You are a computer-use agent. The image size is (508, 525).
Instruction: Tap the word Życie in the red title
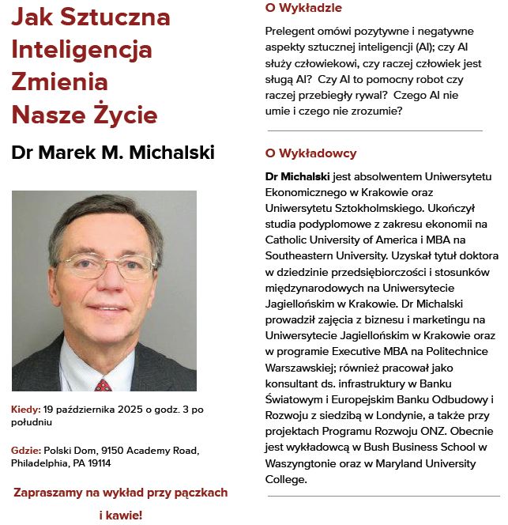point(124,115)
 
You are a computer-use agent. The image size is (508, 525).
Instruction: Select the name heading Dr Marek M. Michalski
point(113,153)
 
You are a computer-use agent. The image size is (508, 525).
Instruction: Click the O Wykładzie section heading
point(303,8)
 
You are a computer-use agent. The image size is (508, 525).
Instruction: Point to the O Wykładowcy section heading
point(310,153)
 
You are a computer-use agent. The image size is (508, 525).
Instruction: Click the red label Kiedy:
point(26,409)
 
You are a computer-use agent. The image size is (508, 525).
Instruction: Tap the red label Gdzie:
point(26,450)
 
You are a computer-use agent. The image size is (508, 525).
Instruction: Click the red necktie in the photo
point(103,384)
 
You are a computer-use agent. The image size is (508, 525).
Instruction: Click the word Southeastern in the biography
point(303,255)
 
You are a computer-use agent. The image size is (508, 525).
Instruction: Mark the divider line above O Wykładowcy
point(374,130)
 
